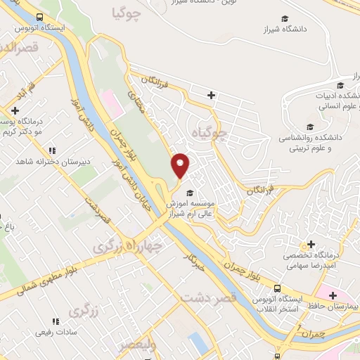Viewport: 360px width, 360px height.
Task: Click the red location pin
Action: coord(181,165)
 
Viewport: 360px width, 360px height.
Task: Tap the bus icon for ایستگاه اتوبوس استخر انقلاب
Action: coord(277,288)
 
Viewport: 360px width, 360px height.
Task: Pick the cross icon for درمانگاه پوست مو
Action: coord(15,110)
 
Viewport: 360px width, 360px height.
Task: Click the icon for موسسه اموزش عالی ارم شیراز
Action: coord(188,193)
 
